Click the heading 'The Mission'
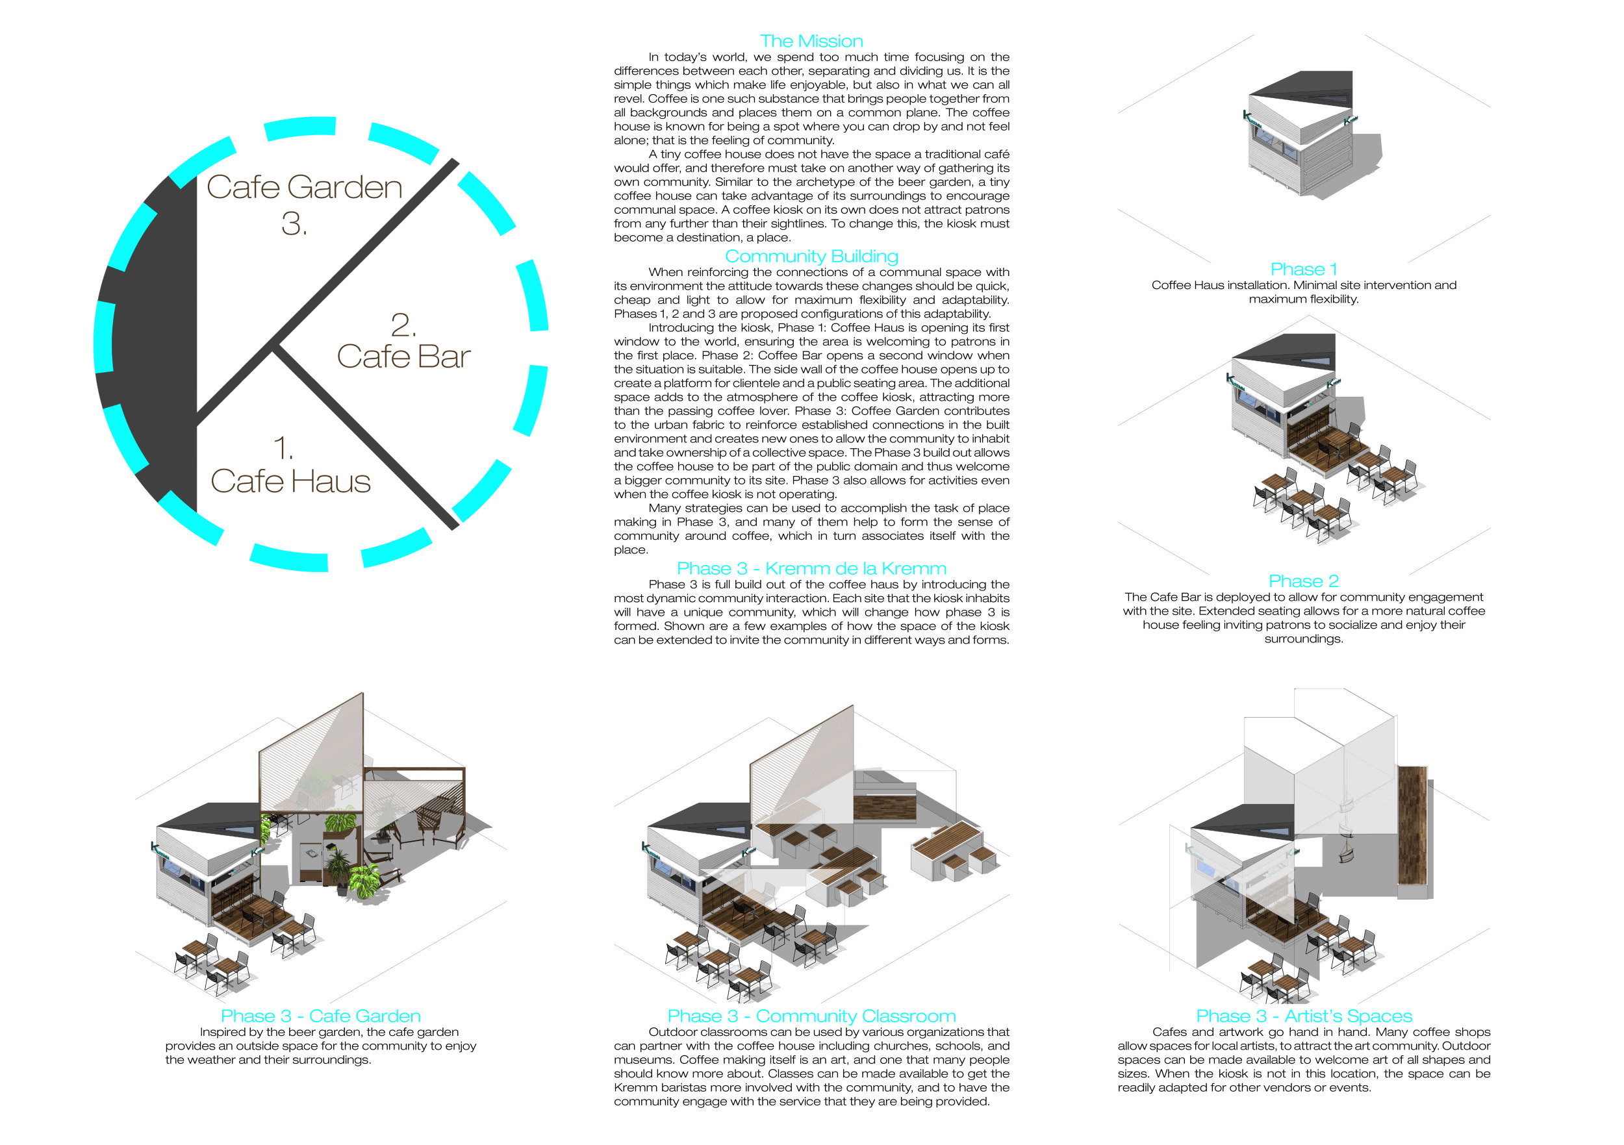click(811, 41)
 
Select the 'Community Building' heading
click(811, 256)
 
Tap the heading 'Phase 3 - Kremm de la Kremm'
click(811, 569)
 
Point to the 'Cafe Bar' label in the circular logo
click(403, 357)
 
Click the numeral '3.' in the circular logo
click(294, 224)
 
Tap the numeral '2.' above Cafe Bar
click(403, 325)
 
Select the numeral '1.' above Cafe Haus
click(283, 448)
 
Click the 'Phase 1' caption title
click(1304, 270)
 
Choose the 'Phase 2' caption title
click(1304, 581)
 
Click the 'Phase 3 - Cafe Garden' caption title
click(320, 1016)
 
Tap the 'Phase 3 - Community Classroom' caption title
click(811, 1016)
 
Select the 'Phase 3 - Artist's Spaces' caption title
click(1304, 1016)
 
